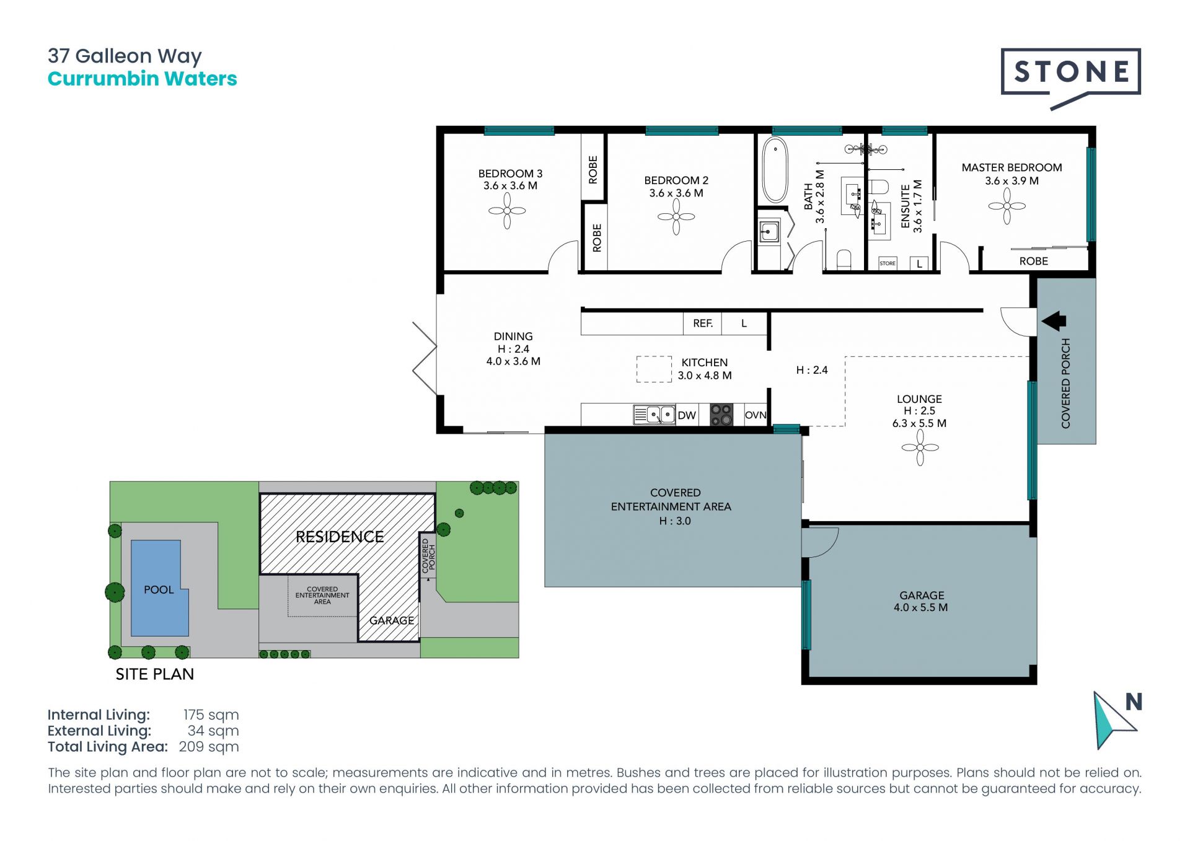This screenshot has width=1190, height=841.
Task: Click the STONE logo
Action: pyautogui.click(x=1070, y=73)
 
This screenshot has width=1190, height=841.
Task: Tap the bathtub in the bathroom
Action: pyautogui.click(x=774, y=170)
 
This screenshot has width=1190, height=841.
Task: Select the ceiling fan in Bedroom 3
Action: pyautogui.click(x=507, y=211)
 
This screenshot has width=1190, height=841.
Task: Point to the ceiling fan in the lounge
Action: pyautogui.click(x=920, y=447)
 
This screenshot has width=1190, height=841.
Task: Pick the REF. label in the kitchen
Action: pyautogui.click(x=703, y=324)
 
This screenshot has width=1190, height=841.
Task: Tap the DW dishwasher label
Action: pyautogui.click(x=687, y=415)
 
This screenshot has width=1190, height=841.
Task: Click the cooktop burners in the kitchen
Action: pyautogui.click(x=721, y=415)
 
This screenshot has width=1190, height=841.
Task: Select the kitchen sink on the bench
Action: pyautogui.click(x=654, y=415)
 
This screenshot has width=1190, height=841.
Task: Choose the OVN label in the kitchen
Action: pyautogui.click(x=756, y=415)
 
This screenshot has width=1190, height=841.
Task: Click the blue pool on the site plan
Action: pyautogui.click(x=159, y=589)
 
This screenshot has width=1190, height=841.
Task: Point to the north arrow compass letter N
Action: pyautogui.click(x=1134, y=702)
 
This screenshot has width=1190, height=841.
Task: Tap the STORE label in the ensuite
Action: pyautogui.click(x=888, y=263)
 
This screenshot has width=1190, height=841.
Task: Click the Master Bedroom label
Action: pyautogui.click(x=1011, y=167)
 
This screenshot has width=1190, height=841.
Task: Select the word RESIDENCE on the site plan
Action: pyautogui.click(x=340, y=537)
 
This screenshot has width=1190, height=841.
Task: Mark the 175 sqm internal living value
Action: pyautogui.click(x=211, y=715)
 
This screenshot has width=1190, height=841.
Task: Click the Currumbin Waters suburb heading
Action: pyautogui.click(x=143, y=79)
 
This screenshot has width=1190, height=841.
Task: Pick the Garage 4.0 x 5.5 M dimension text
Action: pyautogui.click(x=920, y=608)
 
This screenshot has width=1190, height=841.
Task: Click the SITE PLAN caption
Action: pyautogui.click(x=155, y=674)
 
